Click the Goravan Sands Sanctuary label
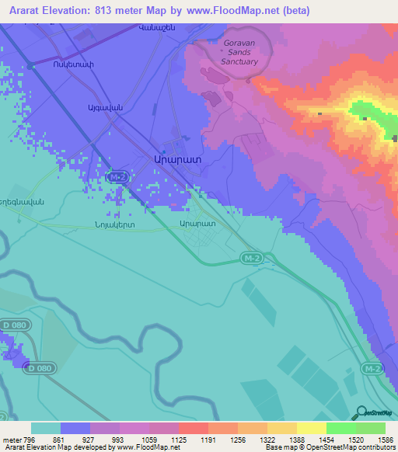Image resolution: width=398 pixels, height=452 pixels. (239, 52)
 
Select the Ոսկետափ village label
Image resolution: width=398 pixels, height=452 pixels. (51, 64)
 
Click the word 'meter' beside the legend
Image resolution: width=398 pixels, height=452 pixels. (12, 439)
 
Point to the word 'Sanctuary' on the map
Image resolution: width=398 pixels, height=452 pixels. (239, 61)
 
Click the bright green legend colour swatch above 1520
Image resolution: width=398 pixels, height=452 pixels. (341, 428)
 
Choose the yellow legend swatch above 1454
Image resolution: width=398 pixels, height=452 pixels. (312, 428)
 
